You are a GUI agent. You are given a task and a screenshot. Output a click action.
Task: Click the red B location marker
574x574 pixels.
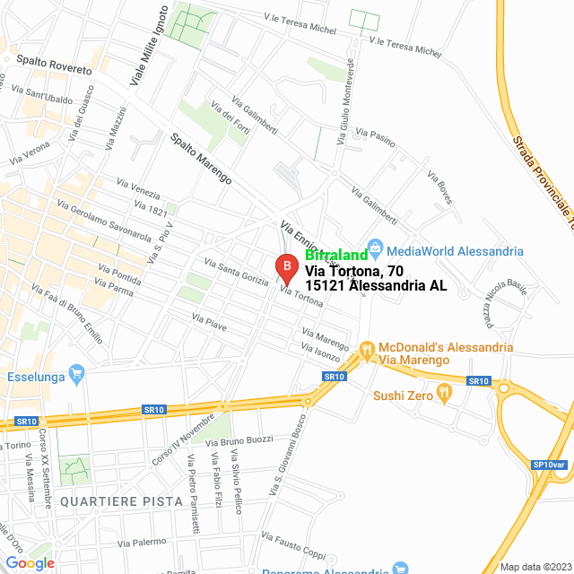tap(285, 267)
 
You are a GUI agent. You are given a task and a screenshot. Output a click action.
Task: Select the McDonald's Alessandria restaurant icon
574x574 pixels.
tap(366, 349)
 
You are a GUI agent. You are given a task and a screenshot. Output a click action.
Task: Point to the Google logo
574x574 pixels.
tap(30, 562)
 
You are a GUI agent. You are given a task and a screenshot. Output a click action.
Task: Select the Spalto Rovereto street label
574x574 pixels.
tap(54, 64)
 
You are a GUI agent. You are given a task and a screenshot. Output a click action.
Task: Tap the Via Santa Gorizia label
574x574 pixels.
tap(236, 272)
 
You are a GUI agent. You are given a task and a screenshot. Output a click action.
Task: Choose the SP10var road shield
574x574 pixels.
tap(549, 464)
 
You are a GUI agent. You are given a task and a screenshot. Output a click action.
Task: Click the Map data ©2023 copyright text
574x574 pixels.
tap(535, 566)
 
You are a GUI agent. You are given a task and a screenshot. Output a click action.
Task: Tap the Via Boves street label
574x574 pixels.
tap(439, 187)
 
